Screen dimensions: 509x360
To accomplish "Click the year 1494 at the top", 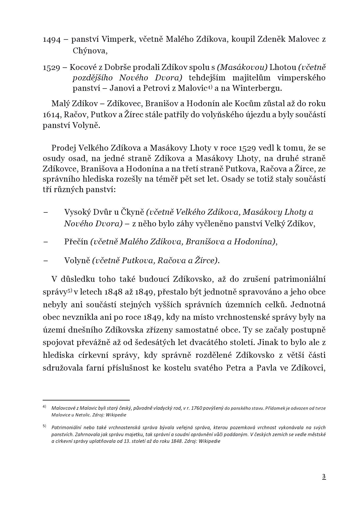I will [52, 39].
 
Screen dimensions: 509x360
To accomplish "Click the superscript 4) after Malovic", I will [209, 86].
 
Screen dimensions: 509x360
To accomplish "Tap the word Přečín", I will [76, 241].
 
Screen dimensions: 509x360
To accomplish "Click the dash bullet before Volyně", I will [45, 260].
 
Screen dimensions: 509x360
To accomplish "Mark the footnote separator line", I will [86, 400].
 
